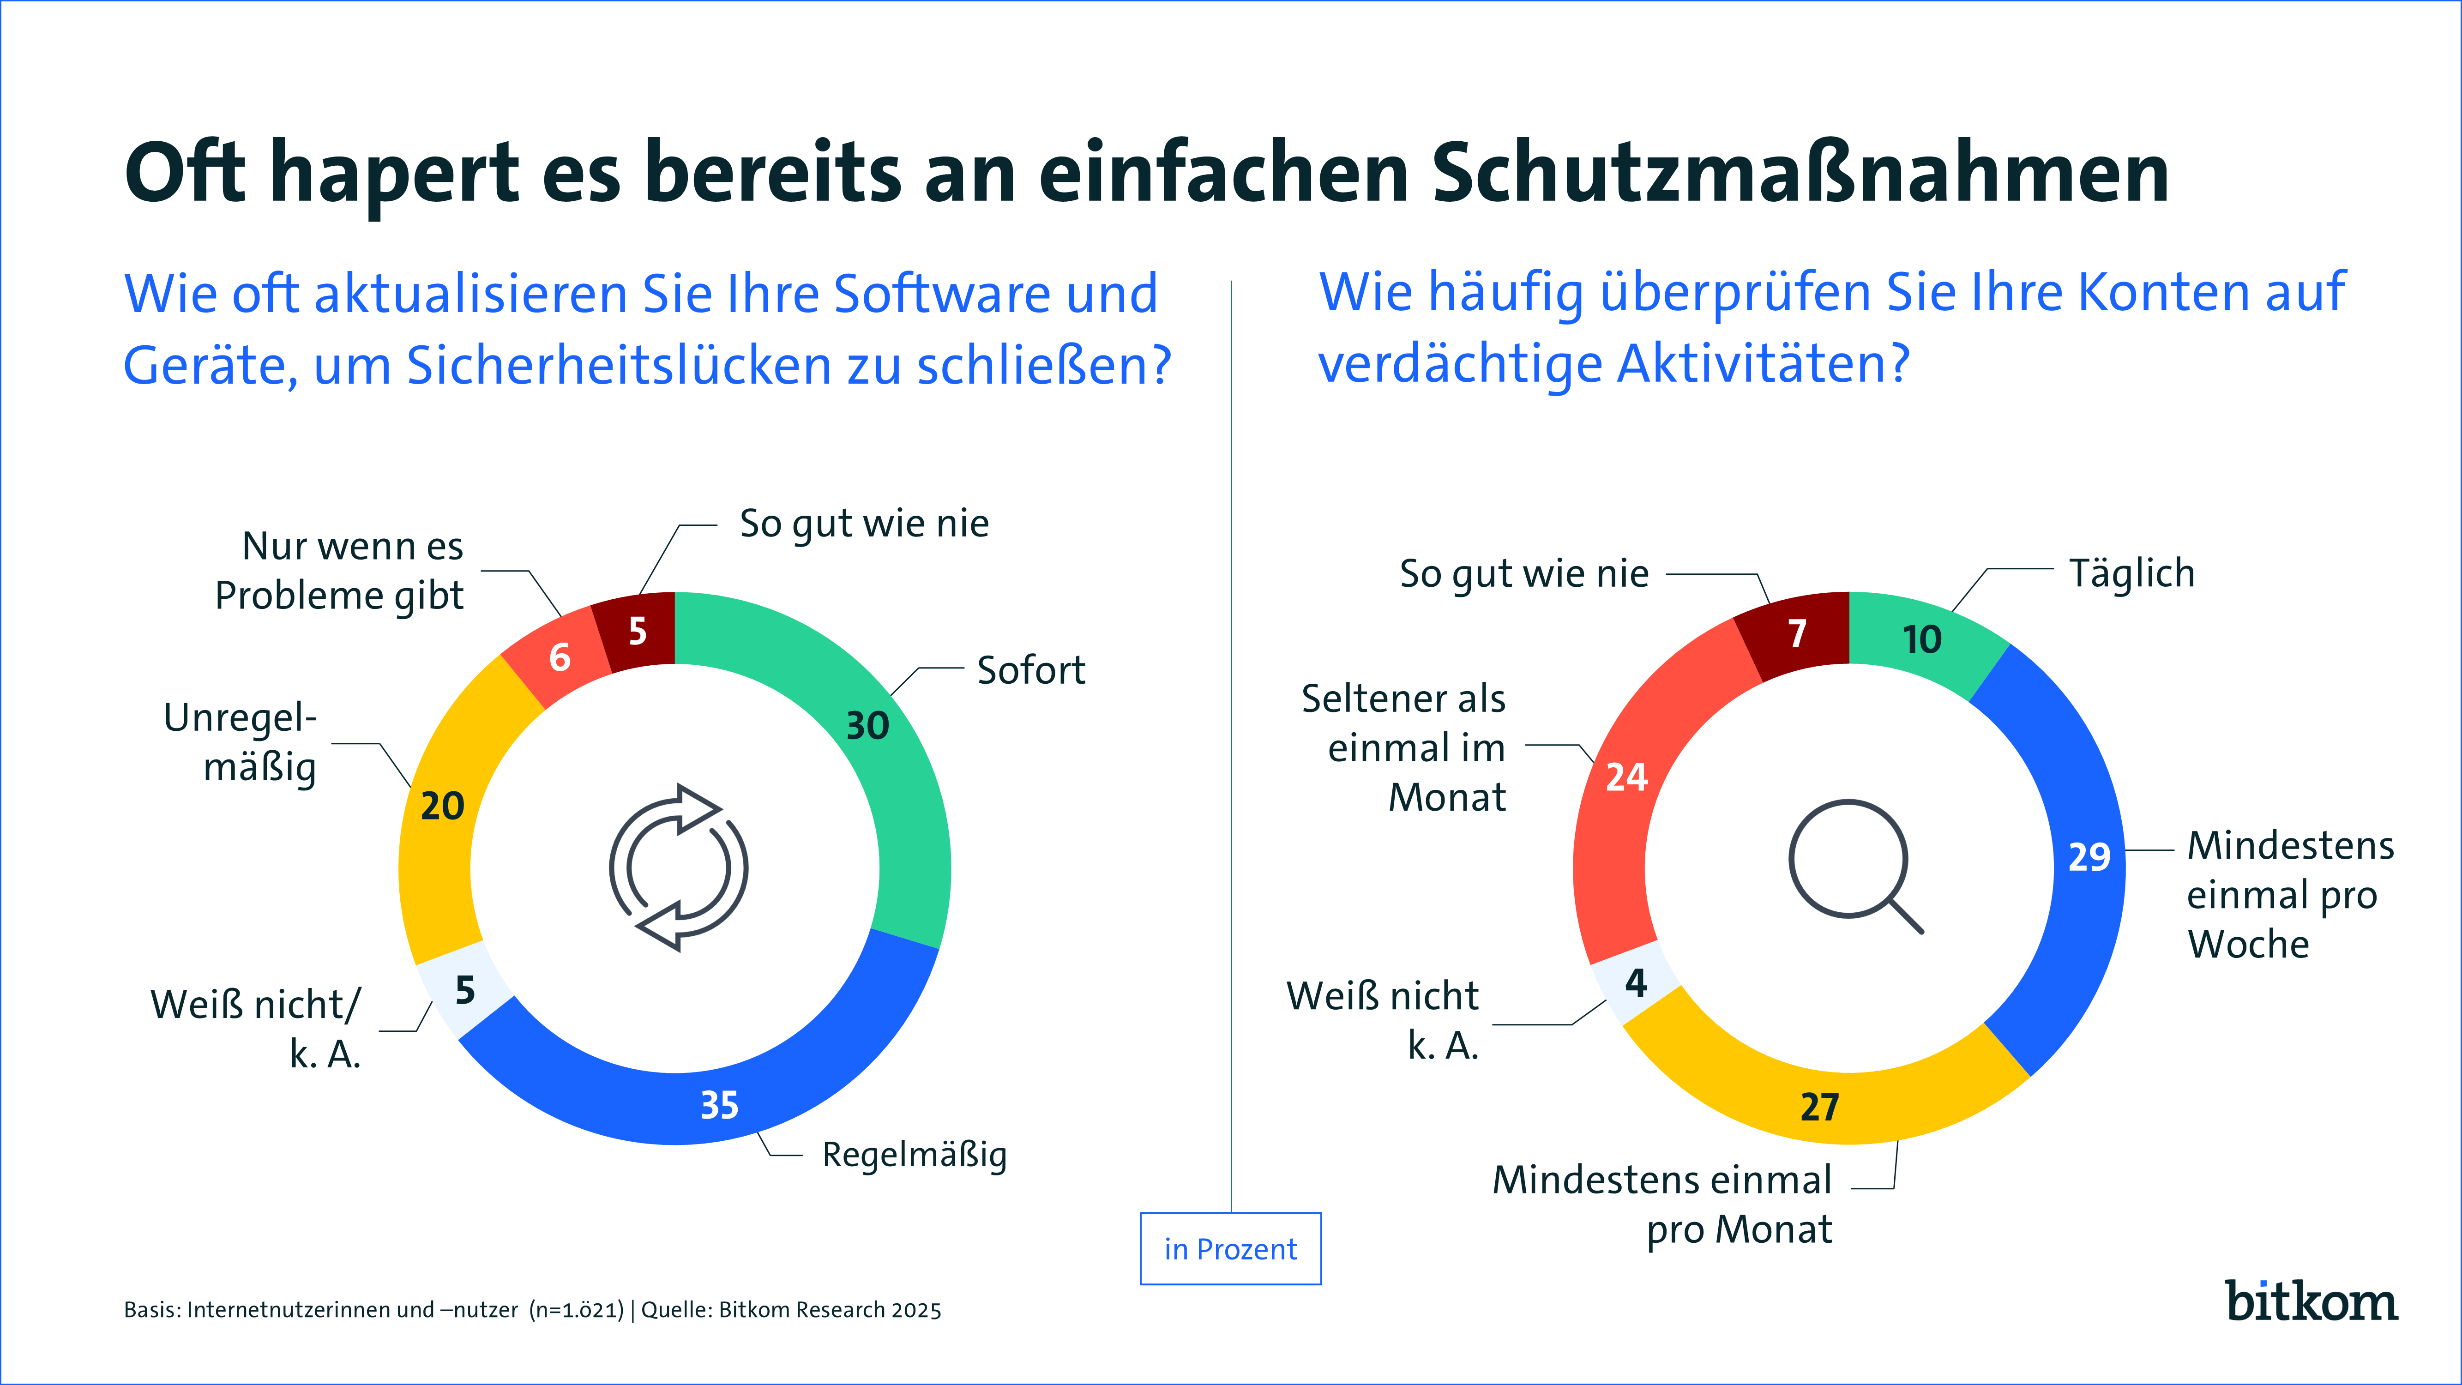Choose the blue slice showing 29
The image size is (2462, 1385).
pos(2083,860)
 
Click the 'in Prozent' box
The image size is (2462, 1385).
pos(1230,1248)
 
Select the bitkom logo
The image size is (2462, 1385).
pos(2311,1302)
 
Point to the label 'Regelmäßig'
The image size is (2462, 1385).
pos(914,1155)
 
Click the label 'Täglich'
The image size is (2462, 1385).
pos(2131,573)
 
